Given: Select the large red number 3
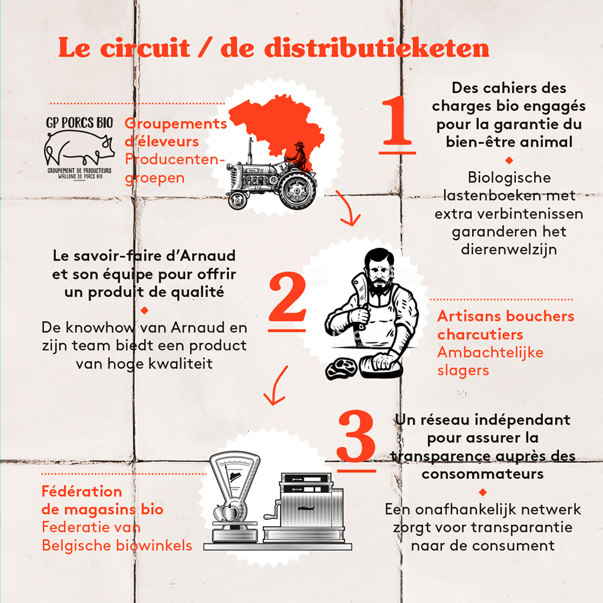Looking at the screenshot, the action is coord(356,436).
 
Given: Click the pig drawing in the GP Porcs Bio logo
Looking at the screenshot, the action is coord(79,148).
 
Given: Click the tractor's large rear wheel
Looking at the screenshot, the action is coord(298,190).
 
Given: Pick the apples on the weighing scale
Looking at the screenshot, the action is coord(230,512).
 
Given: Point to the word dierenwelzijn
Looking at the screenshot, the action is coord(509,250).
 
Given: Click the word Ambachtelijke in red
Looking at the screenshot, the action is coord(491,352).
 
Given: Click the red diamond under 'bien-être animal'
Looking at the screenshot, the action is coord(509,160).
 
